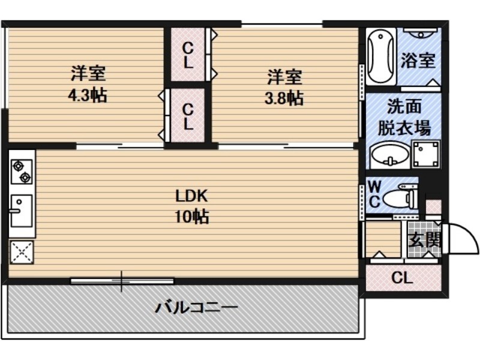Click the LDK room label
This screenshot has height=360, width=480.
191,196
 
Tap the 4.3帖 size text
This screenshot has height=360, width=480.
88,95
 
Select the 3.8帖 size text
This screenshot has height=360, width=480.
284,98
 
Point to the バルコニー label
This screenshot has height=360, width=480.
196,307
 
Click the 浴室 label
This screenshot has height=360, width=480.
418,61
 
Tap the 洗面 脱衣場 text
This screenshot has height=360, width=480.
404,117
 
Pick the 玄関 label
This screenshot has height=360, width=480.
425,239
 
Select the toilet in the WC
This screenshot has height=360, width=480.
400,197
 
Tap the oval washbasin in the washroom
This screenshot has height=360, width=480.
389,155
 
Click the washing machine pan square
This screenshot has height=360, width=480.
426,154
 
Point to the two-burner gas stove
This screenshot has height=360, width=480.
22,172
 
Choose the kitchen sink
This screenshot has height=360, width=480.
22,211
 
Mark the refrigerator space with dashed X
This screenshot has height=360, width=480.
22,252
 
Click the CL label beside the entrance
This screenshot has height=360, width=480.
402,278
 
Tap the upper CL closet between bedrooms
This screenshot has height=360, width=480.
188,55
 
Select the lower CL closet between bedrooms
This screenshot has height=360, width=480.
188,116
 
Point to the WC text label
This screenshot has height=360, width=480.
374,194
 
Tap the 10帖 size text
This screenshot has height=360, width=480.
191,217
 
